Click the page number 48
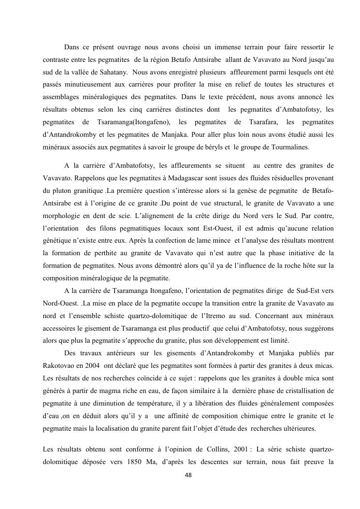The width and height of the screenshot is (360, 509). pos(188,475)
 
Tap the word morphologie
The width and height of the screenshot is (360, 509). pos(64,216)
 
